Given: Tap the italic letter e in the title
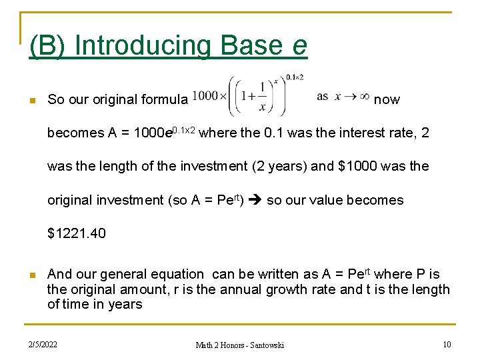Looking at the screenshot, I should coord(299,46).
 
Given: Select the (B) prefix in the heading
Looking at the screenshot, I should coord(49,46).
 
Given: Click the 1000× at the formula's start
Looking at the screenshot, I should coord(208,96).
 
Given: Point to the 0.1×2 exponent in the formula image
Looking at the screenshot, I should coord(294,77).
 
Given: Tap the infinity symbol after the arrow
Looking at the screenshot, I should coord(365,97).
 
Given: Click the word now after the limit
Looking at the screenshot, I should coord(387,100).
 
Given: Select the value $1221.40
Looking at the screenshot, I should coord(76,233).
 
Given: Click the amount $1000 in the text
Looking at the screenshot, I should coord(360,167).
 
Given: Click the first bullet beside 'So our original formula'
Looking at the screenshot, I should coord(31,101).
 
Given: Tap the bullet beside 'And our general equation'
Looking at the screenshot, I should coord(31,275).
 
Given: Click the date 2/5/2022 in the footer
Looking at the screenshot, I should coord(43,344).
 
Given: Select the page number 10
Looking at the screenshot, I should coord(446,344).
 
